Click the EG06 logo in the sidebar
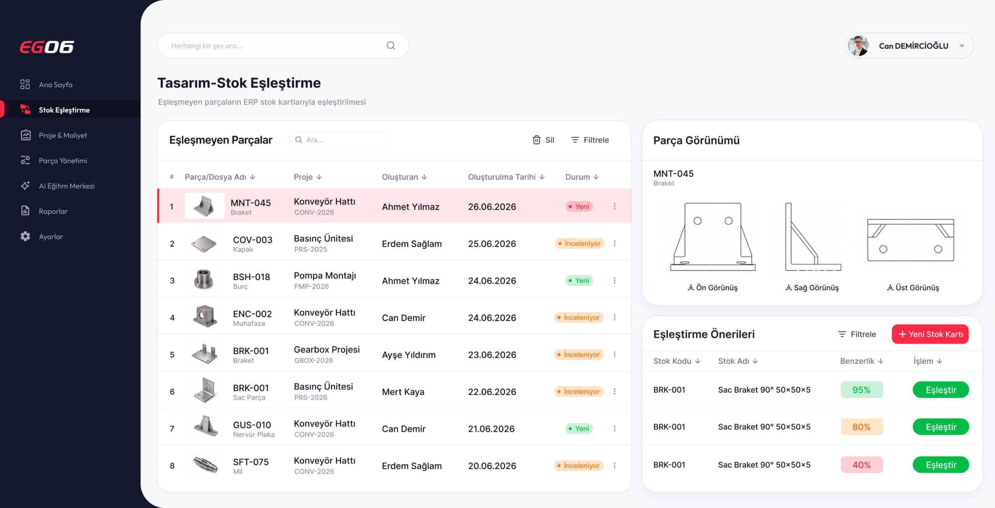click(x=47, y=47)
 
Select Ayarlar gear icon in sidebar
click(x=25, y=236)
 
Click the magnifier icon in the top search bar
click(x=391, y=46)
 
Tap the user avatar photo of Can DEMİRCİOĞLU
click(x=858, y=46)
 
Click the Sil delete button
click(x=543, y=140)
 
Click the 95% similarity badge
click(x=861, y=390)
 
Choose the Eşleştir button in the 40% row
click(x=941, y=465)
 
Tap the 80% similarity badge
click(x=861, y=427)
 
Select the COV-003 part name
click(x=253, y=240)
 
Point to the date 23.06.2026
click(x=492, y=355)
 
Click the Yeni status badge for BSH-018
click(x=579, y=280)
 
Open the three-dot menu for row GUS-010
click(x=614, y=428)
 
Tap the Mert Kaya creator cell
click(x=403, y=392)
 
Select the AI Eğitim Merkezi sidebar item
click(x=58, y=186)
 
